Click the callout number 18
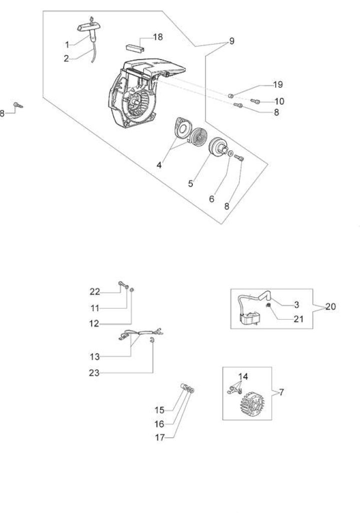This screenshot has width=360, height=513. click(x=158, y=37)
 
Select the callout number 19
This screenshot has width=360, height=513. click(x=277, y=84)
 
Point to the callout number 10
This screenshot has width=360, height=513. click(x=279, y=101)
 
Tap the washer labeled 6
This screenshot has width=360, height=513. click(x=230, y=153)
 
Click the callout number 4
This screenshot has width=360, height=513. click(x=159, y=165)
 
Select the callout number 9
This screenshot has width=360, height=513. click(x=231, y=41)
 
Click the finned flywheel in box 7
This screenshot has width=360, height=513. click(x=253, y=404)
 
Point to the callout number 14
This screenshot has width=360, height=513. click(x=243, y=377)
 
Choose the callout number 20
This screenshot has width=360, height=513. click(x=330, y=307)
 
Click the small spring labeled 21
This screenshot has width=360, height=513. click(x=268, y=306)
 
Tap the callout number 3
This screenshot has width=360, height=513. click(x=296, y=305)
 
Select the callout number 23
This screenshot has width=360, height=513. click(x=94, y=373)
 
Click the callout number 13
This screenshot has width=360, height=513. click(x=95, y=357)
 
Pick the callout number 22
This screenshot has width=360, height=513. click(x=95, y=292)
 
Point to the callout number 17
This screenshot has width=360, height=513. click(x=160, y=437)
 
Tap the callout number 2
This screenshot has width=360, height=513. click(x=67, y=59)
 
